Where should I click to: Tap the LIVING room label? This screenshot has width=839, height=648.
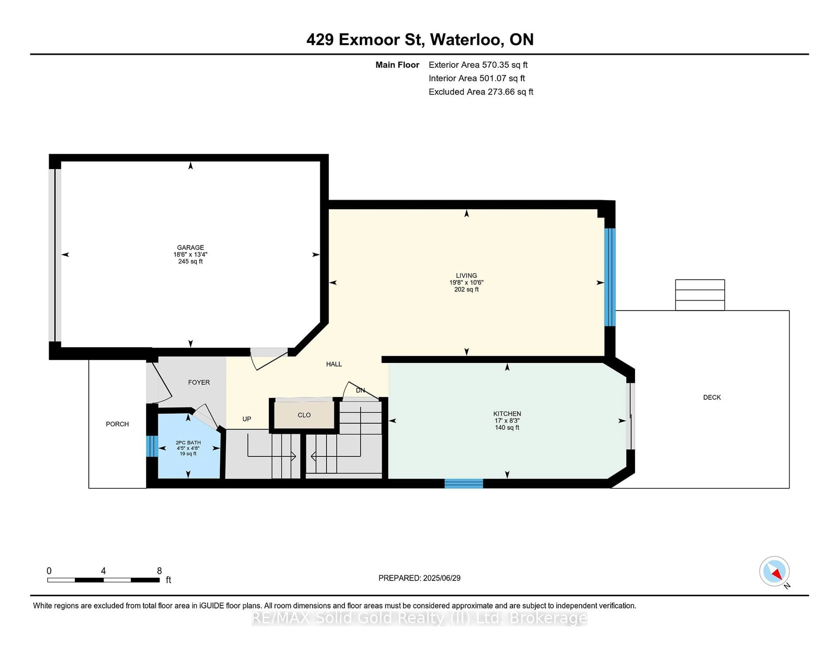coord(466,276)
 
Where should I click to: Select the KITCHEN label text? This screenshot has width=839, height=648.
coord(507,414)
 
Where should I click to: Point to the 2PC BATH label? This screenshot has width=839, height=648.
coord(188,443)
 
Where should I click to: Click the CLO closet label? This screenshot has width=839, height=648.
coord(304,415)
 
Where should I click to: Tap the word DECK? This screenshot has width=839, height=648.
coord(711,397)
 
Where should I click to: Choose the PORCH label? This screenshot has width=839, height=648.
coord(117,424)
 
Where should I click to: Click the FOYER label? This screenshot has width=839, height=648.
coord(199,382)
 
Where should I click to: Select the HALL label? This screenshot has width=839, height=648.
coord(333,364)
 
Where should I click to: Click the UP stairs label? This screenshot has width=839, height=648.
coord(247,419)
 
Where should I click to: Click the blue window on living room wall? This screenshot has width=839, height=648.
coord(610,277)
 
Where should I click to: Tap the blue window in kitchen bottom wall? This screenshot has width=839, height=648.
coord(463,483)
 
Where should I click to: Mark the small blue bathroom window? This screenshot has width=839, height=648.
coord(152,446)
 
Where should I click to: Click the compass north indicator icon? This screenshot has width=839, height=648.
coord(774,571)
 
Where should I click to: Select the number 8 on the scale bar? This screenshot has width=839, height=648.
coord(159,571)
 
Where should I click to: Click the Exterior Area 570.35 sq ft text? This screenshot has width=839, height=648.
coord(478,65)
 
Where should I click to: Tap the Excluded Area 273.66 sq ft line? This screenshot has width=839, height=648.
coord(481,92)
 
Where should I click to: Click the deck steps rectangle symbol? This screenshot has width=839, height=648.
coord(700,295)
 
